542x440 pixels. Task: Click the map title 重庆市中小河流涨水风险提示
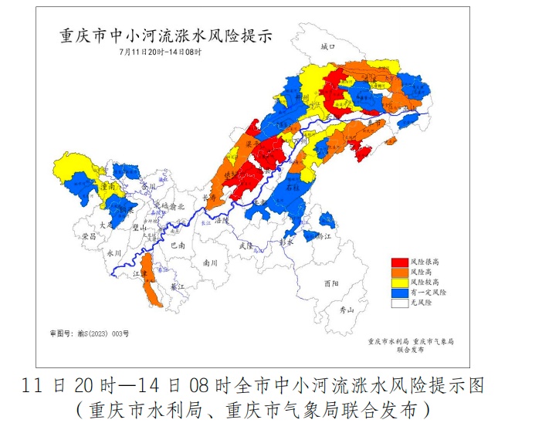[165, 36]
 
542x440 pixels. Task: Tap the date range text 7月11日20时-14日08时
[160, 52]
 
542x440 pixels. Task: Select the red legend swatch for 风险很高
[398, 262]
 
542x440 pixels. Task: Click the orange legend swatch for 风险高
[398, 272]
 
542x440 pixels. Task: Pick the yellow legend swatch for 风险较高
[398, 283]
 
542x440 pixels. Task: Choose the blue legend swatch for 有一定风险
[398, 293]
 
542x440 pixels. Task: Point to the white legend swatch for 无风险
[398, 303]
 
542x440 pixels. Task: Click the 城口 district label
[328, 47]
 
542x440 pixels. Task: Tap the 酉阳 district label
[332, 283]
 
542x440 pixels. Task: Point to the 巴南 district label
[178, 245]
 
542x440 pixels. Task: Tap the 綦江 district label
[178, 286]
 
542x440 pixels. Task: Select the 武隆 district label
[246, 245]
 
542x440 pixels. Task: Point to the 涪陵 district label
[222, 220]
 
